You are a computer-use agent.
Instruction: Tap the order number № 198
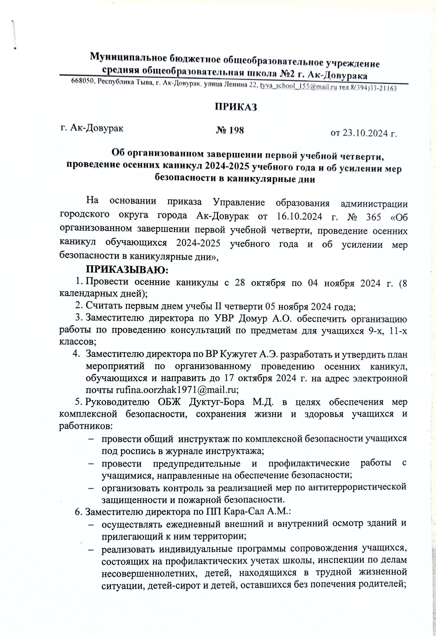[230, 130]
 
